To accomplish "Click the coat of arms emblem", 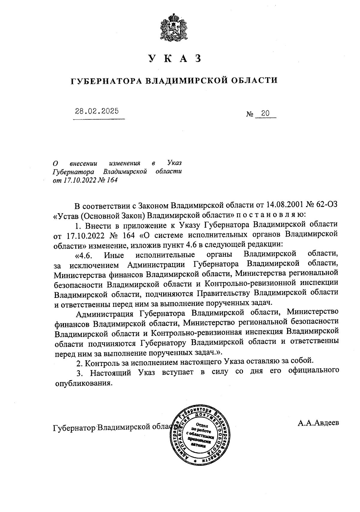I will point(174,28).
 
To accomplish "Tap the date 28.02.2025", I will point(97,111).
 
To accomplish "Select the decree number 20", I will point(265,114).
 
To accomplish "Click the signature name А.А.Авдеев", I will point(319,423).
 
